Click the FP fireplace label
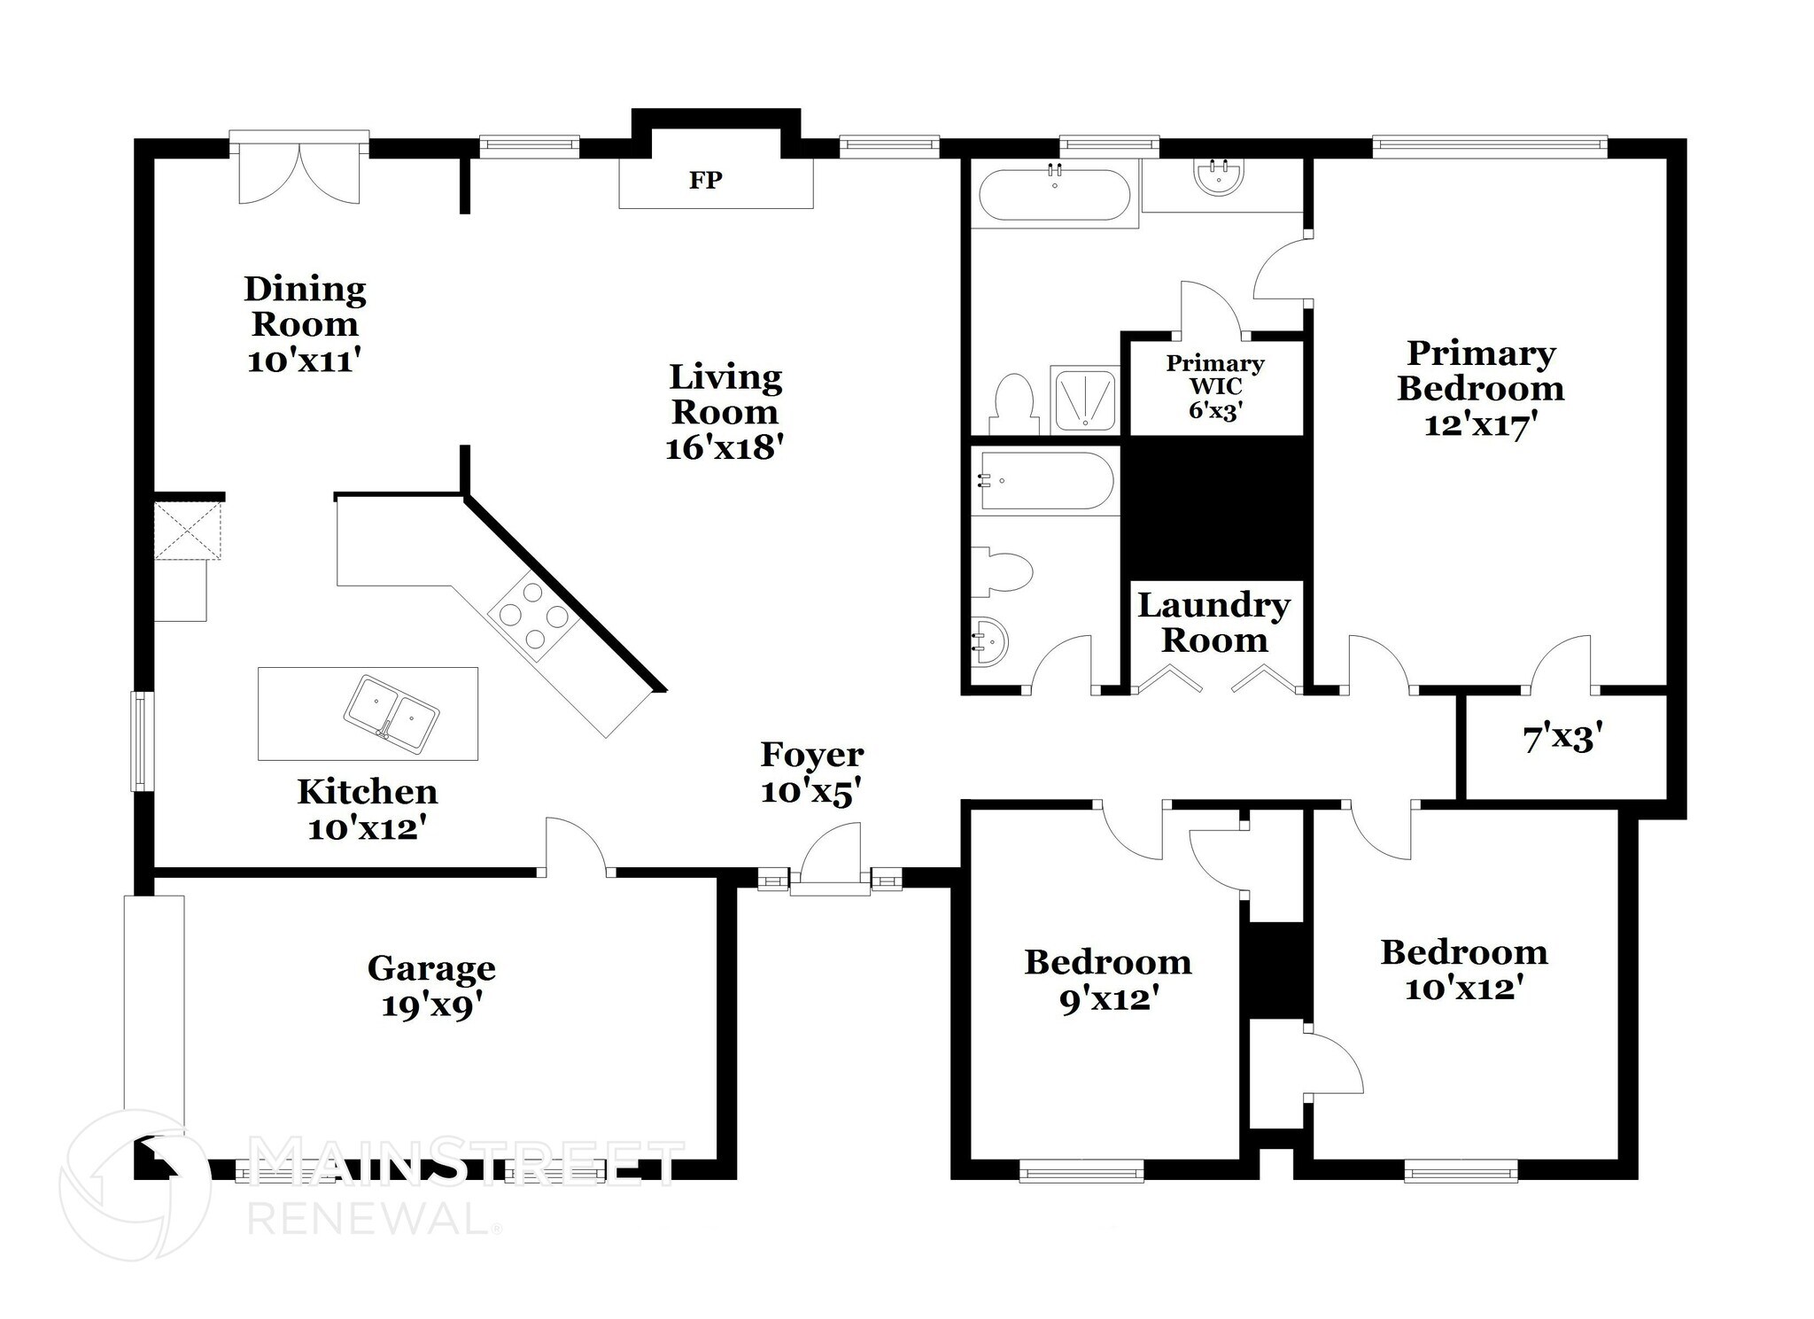(706, 181)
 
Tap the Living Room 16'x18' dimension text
(725, 448)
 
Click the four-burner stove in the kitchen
(532, 616)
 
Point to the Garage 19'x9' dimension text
(431, 1006)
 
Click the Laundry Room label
(1213, 623)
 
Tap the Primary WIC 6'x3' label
(1215, 387)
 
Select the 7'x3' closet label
(1563, 738)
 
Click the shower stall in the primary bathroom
(1083, 400)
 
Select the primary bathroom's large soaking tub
(1054, 194)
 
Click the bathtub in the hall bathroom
(1043, 481)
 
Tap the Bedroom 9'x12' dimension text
(1109, 1000)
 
